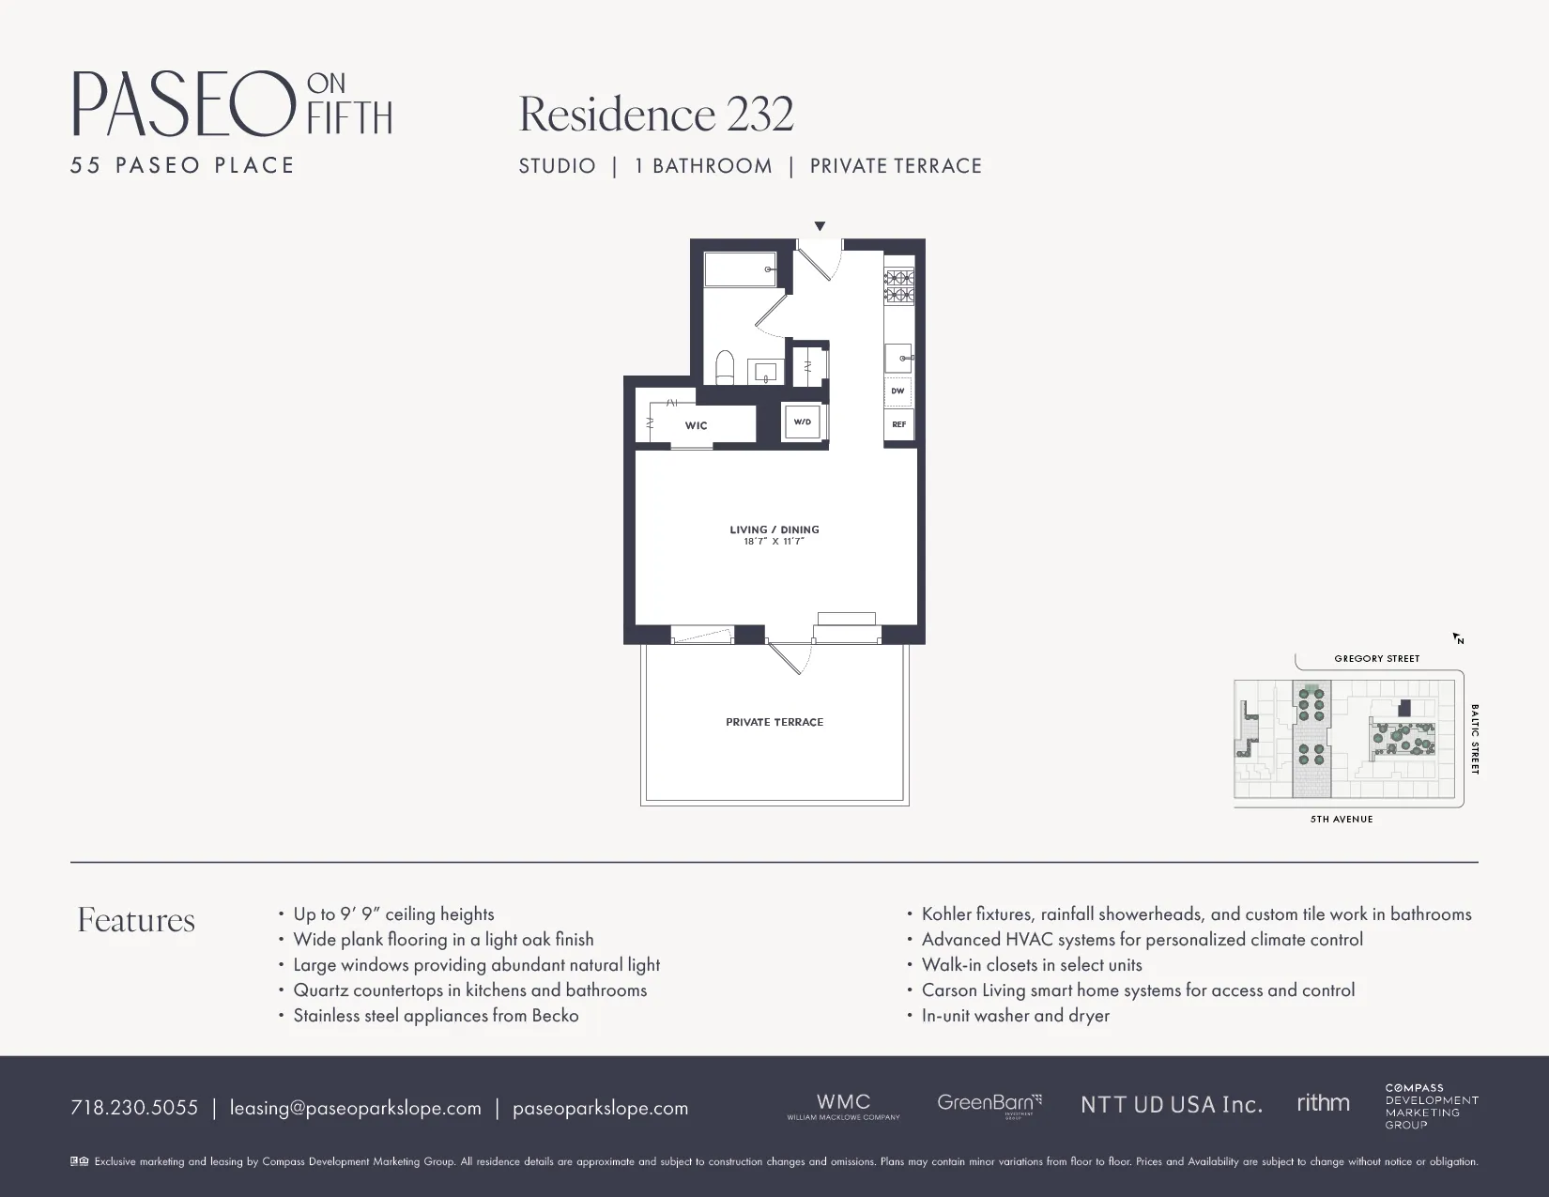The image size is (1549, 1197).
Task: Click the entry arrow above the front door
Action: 820,226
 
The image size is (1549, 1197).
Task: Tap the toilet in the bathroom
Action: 725,368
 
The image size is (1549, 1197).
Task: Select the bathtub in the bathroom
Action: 740,269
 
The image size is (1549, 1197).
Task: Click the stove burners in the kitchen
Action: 899,286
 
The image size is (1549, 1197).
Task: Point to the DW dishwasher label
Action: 898,391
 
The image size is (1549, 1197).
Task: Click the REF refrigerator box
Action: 898,424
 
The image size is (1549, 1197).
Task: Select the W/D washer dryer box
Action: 803,422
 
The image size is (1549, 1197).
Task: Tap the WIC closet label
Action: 696,425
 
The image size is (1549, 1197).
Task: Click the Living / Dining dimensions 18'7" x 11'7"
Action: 774,542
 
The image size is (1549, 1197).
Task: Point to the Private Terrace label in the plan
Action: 774,722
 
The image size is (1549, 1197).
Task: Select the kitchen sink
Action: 898,358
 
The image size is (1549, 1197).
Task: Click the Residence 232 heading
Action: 656,115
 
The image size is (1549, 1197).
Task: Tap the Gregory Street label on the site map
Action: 1377,659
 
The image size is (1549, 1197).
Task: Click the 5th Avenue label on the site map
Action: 1342,820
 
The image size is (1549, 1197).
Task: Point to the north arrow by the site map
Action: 1459,638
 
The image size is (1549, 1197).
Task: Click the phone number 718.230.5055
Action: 134,1108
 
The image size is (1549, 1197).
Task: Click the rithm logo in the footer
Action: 1323,1104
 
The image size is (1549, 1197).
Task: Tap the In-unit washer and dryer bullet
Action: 1015,1016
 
